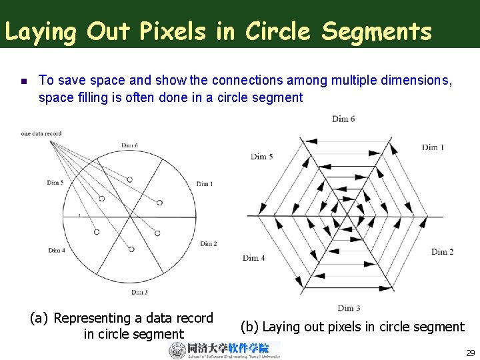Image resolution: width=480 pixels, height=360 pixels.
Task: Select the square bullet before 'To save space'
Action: pyautogui.click(x=23, y=81)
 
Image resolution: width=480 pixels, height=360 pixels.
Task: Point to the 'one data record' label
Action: pyautogui.click(x=41, y=133)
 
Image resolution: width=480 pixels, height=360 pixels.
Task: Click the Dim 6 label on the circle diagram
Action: pyautogui.click(x=129, y=145)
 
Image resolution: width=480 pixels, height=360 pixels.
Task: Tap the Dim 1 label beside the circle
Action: pyautogui.click(x=204, y=184)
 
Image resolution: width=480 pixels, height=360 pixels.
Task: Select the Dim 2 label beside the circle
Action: pyautogui.click(x=208, y=243)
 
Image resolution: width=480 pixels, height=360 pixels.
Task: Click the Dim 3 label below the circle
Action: pyautogui.click(x=139, y=292)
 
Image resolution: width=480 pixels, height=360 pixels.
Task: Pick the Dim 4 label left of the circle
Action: pyautogui.click(x=57, y=250)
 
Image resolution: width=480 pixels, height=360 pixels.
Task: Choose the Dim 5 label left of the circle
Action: pyautogui.click(x=55, y=182)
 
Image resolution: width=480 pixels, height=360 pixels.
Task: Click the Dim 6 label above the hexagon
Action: pyautogui.click(x=343, y=119)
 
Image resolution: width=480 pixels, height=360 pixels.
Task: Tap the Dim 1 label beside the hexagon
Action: pyautogui.click(x=433, y=147)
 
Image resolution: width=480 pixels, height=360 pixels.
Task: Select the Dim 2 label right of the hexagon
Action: pyautogui.click(x=442, y=251)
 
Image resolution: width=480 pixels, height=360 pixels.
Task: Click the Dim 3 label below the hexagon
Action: pyautogui.click(x=348, y=307)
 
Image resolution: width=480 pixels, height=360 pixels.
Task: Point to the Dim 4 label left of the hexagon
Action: pyautogui.click(x=254, y=257)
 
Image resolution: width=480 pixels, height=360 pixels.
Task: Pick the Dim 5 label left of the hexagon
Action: pyautogui.click(x=262, y=157)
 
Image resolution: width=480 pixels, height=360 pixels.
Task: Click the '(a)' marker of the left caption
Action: pyautogui.click(x=39, y=319)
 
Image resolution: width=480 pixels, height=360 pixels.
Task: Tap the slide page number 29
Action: pyautogui.click(x=470, y=353)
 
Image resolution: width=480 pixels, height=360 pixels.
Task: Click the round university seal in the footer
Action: pyautogui.click(x=177, y=350)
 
